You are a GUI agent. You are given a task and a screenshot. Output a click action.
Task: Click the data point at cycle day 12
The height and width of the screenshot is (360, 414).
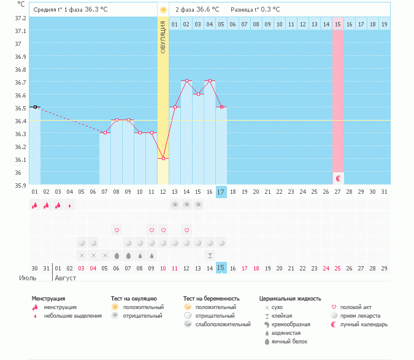pos(163,159)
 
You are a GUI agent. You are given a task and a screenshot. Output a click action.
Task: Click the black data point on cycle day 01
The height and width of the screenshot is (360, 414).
pos(35,107)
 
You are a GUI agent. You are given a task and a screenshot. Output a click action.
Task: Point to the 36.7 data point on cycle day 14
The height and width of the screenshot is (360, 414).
pos(186,81)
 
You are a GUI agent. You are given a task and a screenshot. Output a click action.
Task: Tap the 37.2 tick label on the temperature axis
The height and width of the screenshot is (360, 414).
pos(20,18)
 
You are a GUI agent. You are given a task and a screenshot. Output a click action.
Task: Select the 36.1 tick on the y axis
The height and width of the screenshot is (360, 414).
pos(20,159)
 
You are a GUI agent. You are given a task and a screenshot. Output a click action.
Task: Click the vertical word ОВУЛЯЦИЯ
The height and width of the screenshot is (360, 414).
pos(163,37)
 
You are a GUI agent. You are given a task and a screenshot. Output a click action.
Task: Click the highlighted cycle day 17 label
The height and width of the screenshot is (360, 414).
pos(221,192)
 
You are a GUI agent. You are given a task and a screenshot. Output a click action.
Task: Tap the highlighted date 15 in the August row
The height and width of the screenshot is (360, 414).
pos(221,268)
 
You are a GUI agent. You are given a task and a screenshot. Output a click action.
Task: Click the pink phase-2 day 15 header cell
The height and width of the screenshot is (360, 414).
pos(338,25)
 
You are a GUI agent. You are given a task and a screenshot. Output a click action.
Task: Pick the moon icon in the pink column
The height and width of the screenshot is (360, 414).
pos(338,178)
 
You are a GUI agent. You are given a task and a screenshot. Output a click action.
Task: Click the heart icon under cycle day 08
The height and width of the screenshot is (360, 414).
pos(117,230)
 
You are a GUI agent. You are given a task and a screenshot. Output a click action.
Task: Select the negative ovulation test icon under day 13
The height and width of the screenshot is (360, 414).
pos(175,205)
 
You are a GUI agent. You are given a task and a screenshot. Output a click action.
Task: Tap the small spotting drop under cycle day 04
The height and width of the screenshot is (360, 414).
pos(70,205)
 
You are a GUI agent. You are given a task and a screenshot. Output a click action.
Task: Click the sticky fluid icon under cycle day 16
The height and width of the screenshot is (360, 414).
pos(210,256)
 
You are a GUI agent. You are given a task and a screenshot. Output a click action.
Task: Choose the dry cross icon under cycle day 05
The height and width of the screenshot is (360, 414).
pos(82,256)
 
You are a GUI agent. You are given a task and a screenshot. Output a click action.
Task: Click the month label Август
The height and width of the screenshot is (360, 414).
pos(65,278)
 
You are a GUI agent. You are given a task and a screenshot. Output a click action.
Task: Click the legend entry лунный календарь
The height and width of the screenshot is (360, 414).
pos(364,324)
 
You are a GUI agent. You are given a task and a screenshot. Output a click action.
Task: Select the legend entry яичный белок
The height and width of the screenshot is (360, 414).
pos(289,342)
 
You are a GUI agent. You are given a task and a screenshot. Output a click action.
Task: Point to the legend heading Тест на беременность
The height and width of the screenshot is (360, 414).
pos(211,299)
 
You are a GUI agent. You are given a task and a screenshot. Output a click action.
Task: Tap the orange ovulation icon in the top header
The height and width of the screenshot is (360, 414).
pos(163,10)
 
